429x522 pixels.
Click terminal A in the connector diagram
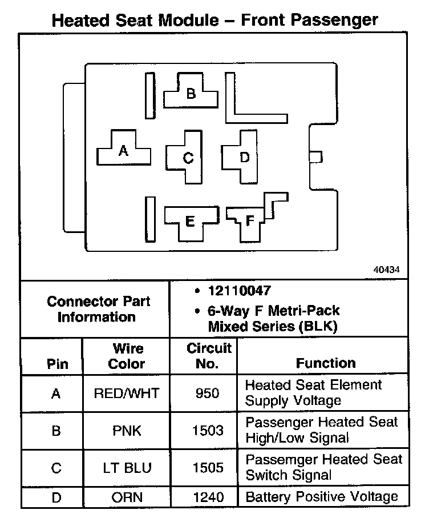[123, 151]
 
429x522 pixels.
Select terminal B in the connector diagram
[191, 93]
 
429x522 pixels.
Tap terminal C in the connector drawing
[188, 158]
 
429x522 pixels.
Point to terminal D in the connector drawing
[244, 157]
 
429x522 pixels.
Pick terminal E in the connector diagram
[191, 220]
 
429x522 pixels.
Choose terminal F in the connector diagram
[250, 220]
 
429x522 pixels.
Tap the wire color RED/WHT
[127, 393]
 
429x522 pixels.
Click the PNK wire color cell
[127, 430]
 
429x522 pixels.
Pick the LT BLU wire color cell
[127, 468]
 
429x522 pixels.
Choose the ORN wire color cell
[127, 497]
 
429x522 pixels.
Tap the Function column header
[326, 363]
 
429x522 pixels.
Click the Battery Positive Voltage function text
[322, 496]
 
